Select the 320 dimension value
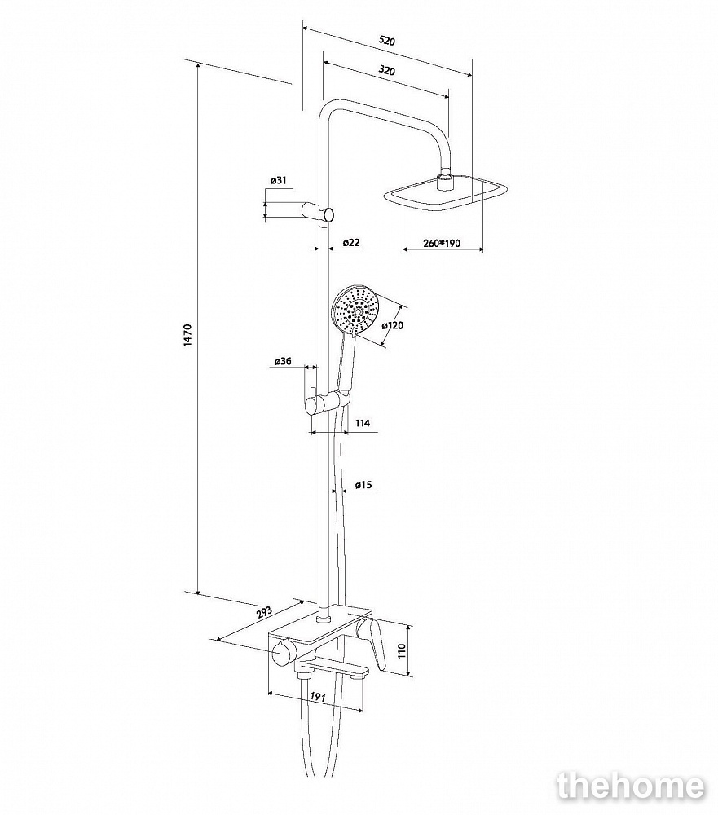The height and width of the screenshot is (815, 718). click(x=387, y=72)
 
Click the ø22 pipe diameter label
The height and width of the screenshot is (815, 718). click(x=351, y=242)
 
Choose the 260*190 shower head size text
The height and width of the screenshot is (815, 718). click(x=443, y=242)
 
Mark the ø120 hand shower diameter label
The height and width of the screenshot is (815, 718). click(x=393, y=325)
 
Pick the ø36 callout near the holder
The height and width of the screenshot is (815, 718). click(x=283, y=361)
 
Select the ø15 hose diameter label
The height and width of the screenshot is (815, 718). click(x=363, y=485)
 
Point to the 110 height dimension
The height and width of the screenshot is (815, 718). click(x=401, y=650)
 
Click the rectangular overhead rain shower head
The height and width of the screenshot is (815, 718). click(x=446, y=195)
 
